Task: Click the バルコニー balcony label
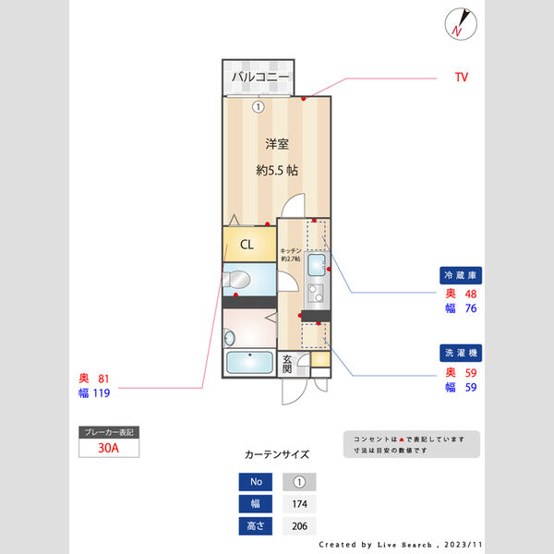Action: [260, 77]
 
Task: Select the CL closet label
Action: [247, 246]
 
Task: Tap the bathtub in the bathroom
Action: [248, 363]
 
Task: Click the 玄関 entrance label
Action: [288, 364]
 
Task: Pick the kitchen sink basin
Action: [317, 266]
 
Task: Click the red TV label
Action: [462, 77]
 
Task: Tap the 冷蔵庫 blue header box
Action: [463, 275]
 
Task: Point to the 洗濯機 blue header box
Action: [463, 354]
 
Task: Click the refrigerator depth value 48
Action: [470, 294]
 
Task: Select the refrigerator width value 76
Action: [470, 308]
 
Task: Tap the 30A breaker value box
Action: [109, 448]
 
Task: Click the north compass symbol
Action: [459, 23]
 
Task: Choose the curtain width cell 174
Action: [299, 504]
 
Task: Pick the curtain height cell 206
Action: [299, 526]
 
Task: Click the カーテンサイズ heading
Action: [277, 454]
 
